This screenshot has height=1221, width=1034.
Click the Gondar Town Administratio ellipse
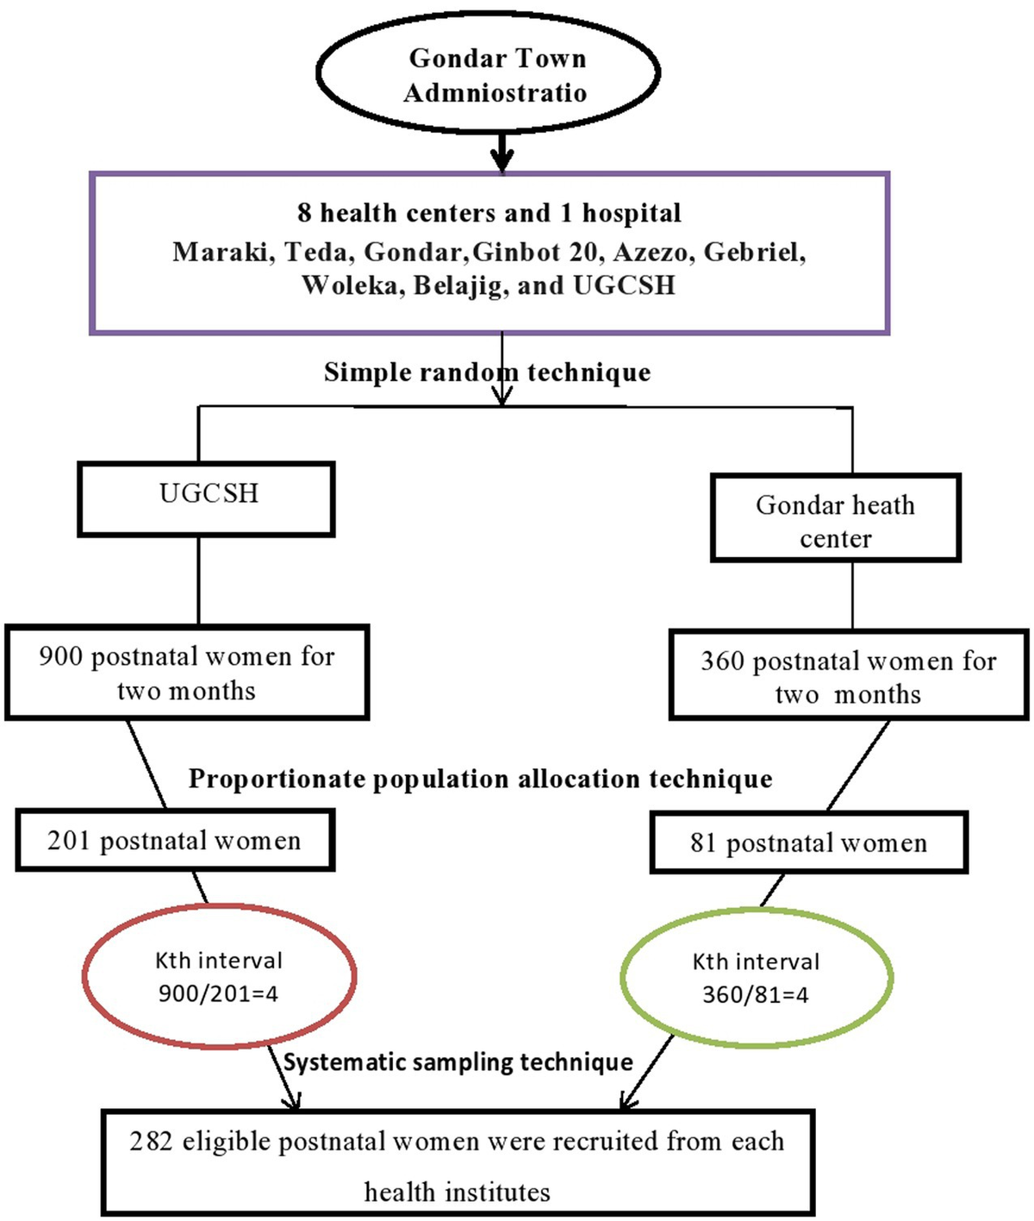coord(489,74)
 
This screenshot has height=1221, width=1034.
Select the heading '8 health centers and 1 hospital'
coord(489,213)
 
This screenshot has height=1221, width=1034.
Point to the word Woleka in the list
coord(352,285)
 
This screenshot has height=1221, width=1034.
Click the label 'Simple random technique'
coord(487,373)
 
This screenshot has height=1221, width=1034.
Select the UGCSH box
coord(207,498)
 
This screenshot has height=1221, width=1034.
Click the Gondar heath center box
coord(835,519)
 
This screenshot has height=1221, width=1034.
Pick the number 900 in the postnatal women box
coord(60,657)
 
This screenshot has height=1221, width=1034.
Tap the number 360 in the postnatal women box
coord(722,661)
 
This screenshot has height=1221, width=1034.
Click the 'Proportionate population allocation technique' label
coord(480,779)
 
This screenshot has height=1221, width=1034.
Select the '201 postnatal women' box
coord(175,841)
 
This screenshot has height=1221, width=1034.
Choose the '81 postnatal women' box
coord(808,842)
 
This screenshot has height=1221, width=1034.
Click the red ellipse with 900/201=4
coord(219,977)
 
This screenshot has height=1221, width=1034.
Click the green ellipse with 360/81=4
coord(756,979)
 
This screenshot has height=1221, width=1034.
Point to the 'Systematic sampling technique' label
coord(458,1062)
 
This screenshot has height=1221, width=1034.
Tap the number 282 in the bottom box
coord(152,1142)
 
